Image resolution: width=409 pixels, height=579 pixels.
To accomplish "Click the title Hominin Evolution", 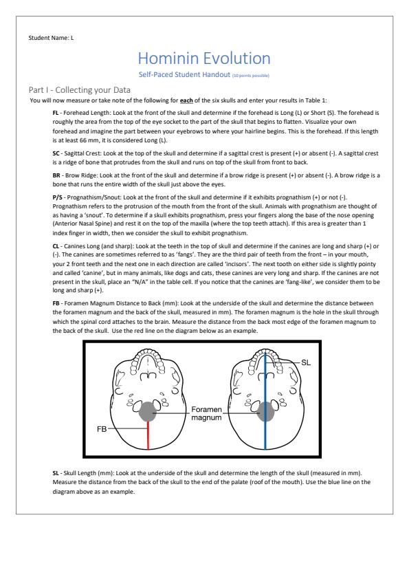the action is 204,58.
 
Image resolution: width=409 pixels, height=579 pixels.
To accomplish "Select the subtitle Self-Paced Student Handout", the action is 184,74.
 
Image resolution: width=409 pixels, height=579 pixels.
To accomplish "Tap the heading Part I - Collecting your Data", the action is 79,89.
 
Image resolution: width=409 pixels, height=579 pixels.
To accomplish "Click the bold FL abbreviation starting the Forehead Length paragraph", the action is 56,113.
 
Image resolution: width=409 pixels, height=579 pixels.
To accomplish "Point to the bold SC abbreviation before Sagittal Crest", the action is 56,153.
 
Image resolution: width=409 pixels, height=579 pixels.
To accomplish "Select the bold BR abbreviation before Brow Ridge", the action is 56,175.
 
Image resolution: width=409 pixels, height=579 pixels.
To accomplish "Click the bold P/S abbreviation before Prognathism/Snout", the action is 57,197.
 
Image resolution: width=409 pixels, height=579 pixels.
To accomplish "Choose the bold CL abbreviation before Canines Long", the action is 56,246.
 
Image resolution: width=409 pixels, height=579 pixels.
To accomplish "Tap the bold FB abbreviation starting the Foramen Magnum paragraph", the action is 56,303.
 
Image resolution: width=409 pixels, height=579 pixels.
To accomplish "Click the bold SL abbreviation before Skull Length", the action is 56,473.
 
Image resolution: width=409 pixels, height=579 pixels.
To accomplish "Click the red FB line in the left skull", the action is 148,435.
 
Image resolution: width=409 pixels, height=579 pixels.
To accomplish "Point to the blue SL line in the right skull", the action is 265,402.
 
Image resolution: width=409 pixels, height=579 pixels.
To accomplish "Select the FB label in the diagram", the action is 102,429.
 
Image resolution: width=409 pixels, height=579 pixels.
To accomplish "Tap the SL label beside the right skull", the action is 306,362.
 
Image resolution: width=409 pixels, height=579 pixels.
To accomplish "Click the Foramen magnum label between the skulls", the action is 206,413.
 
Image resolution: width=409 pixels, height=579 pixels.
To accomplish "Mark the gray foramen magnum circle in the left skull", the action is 148,411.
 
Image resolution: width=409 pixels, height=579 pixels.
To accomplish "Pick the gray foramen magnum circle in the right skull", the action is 265,411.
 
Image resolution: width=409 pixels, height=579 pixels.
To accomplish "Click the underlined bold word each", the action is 186,100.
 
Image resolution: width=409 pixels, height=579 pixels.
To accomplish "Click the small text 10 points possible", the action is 251,76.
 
